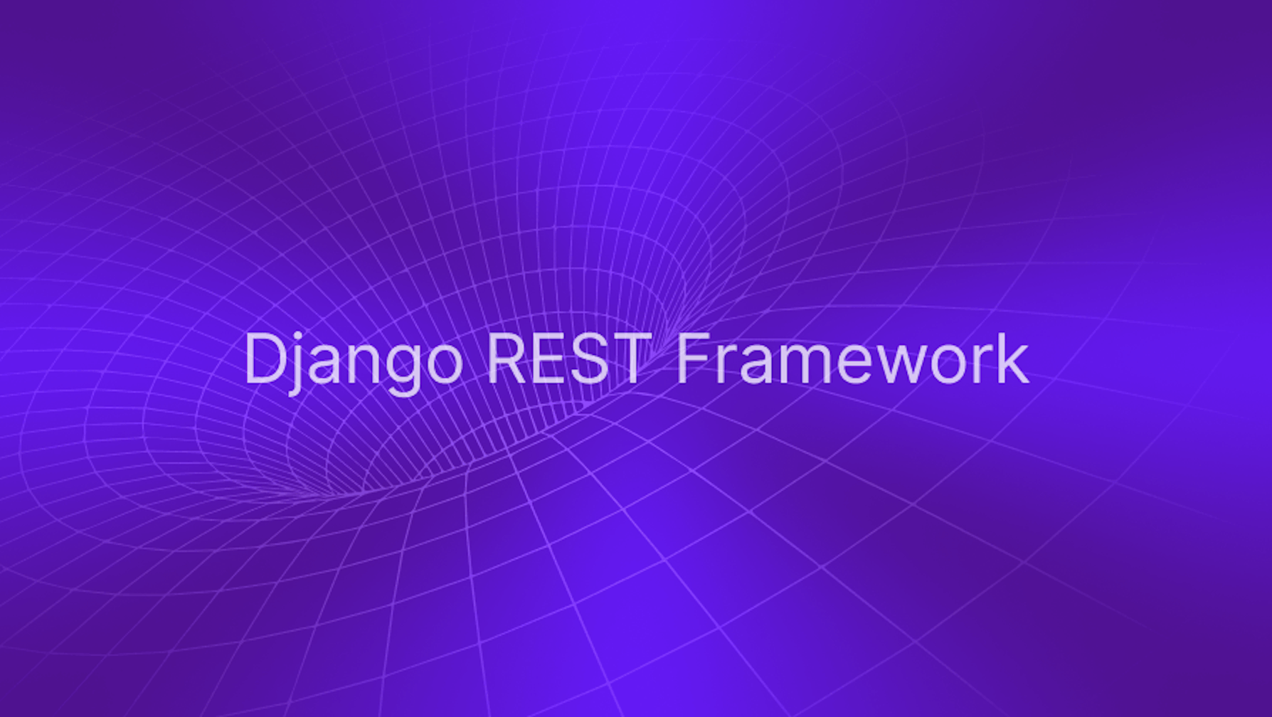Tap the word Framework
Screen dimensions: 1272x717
[852, 358]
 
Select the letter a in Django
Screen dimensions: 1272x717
[325, 366]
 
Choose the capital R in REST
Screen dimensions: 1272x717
[506, 358]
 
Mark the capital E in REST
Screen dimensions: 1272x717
[549, 358]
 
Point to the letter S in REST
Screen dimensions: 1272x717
[590, 358]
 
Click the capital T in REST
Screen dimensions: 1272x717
[631, 358]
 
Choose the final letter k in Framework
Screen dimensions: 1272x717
[1014, 358]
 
